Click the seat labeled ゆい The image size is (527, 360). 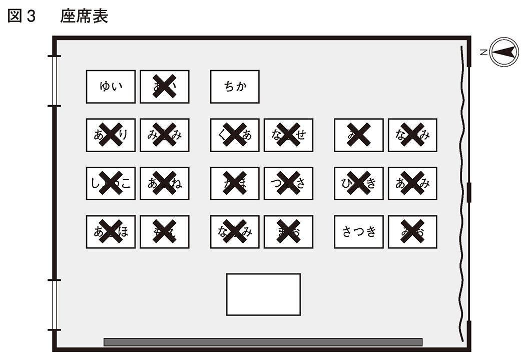click(111, 87)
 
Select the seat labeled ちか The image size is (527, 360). click(235, 87)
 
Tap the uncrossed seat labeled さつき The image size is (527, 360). click(359, 232)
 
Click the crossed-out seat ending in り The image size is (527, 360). click(111, 135)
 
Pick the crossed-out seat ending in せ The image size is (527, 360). click(288, 135)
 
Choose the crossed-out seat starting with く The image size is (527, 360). click(235, 135)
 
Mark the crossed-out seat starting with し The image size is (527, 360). click(111, 183)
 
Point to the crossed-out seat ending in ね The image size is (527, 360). click(164, 183)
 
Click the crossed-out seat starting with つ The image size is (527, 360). click(288, 183)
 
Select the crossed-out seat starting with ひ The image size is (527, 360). click(359, 183)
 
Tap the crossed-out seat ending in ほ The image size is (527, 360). click(111, 232)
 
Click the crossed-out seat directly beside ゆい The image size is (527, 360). click(164, 87)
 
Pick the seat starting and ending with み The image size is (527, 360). click(164, 135)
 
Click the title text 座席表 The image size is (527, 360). click(84, 17)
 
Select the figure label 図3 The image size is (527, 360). click(22, 17)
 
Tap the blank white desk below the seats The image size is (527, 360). click(263, 294)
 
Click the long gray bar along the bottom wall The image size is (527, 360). click(263, 342)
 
